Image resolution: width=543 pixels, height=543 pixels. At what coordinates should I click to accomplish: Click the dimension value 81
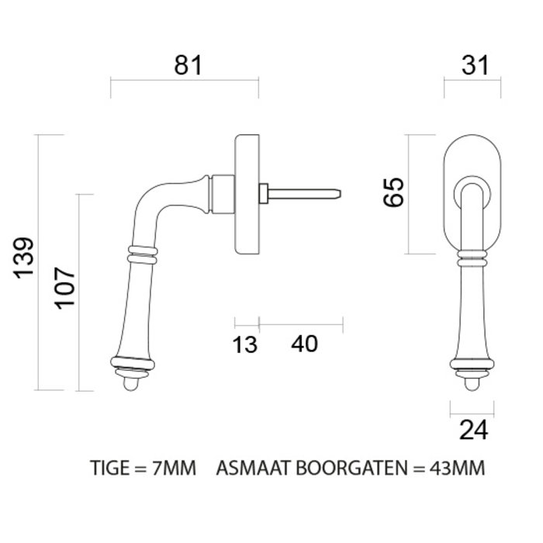pyautogui.click(x=187, y=65)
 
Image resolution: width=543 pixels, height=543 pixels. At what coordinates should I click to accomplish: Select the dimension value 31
pyautogui.click(x=472, y=65)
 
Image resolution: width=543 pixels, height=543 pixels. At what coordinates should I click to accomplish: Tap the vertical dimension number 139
pyautogui.click(x=24, y=258)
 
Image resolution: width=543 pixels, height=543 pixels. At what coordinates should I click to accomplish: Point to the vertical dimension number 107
pyautogui.click(x=65, y=287)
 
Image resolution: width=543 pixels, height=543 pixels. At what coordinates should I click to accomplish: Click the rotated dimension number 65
pyautogui.click(x=394, y=192)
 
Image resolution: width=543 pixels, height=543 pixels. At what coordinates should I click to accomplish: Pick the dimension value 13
pyautogui.click(x=245, y=344)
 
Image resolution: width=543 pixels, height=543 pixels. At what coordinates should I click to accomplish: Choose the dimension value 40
pyautogui.click(x=304, y=343)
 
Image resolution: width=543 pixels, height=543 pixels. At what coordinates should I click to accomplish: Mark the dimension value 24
pyautogui.click(x=472, y=429)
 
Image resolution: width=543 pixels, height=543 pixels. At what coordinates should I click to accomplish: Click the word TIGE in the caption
pyautogui.click(x=109, y=469)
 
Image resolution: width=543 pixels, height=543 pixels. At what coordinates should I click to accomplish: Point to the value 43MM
pyautogui.click(x=456, y=469)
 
